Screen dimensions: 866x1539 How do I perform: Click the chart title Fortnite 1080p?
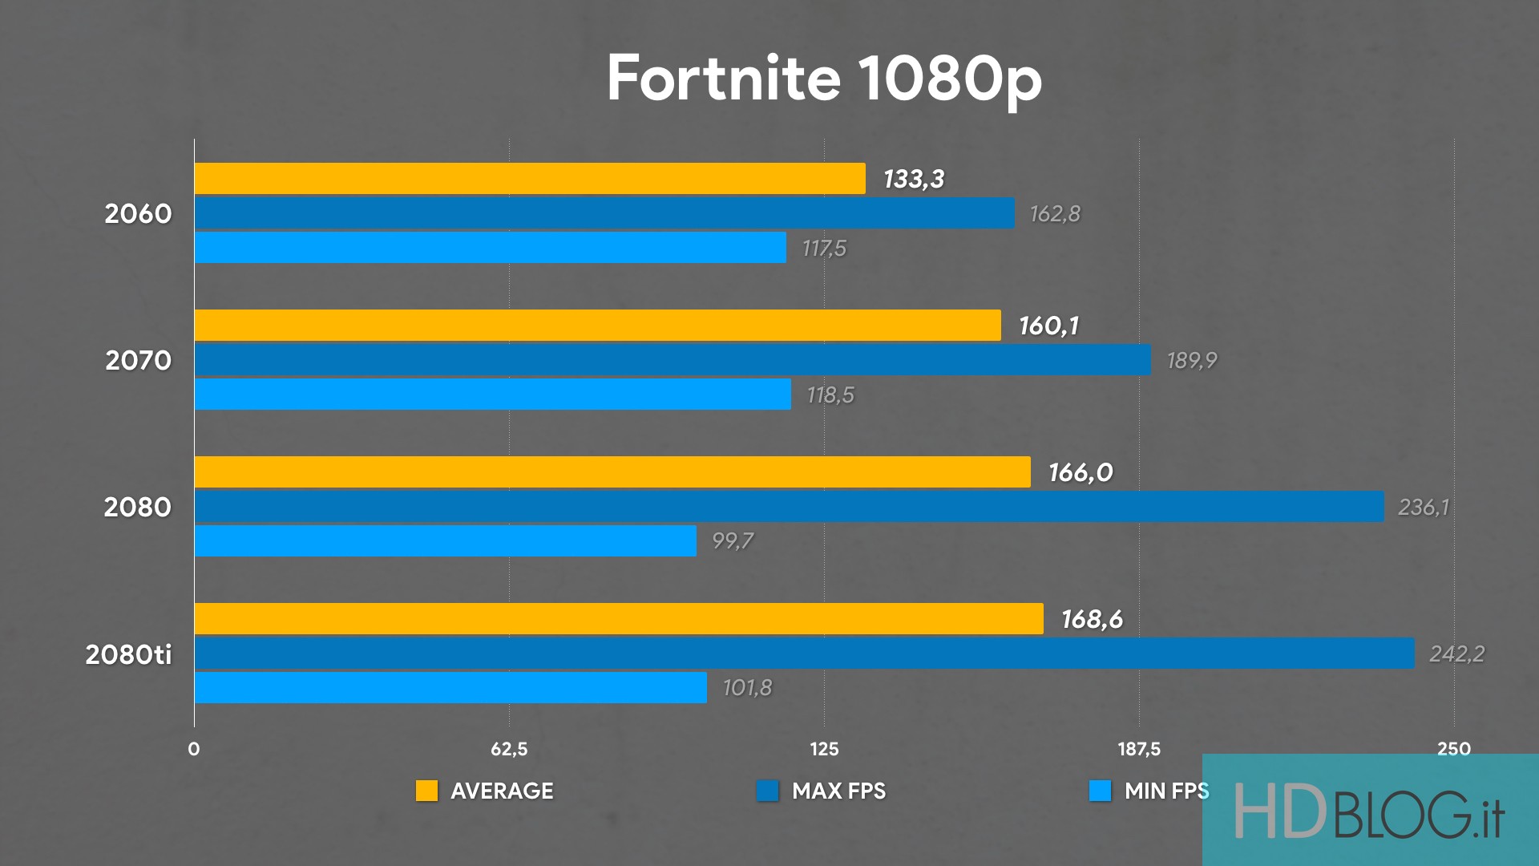coord(824,79)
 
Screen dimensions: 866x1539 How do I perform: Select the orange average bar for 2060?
coord(530,178)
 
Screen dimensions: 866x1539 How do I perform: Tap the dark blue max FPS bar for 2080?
coord(789,507)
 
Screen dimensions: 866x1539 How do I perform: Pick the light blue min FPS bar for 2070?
coord(492,395)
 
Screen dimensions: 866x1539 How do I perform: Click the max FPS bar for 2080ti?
coord(804,654)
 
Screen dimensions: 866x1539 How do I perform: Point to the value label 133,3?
coord(914,179)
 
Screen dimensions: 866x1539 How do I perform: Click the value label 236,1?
coord(1424,507)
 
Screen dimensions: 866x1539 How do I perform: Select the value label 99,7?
coord(733,541)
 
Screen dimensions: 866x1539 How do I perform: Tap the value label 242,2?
coord(1456,654)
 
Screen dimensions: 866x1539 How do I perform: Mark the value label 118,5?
coord(830,395)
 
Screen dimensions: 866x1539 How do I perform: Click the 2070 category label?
coord(138,361)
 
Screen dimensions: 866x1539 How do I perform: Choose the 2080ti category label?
coord(128,654)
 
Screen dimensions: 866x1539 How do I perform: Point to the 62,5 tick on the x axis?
coord(509,749)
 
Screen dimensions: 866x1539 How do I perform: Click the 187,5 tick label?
coord(1139,749)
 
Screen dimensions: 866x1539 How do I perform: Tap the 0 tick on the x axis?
coord(194,749)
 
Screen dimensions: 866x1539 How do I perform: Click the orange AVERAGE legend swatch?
coord(426,791)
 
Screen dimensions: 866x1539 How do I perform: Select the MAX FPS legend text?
coord(838,791)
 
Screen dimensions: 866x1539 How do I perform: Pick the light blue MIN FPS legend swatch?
coord(1100,791)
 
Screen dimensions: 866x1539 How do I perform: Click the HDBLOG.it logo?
coord(1369,811)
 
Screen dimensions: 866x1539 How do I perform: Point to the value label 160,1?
coord(1048,326)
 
